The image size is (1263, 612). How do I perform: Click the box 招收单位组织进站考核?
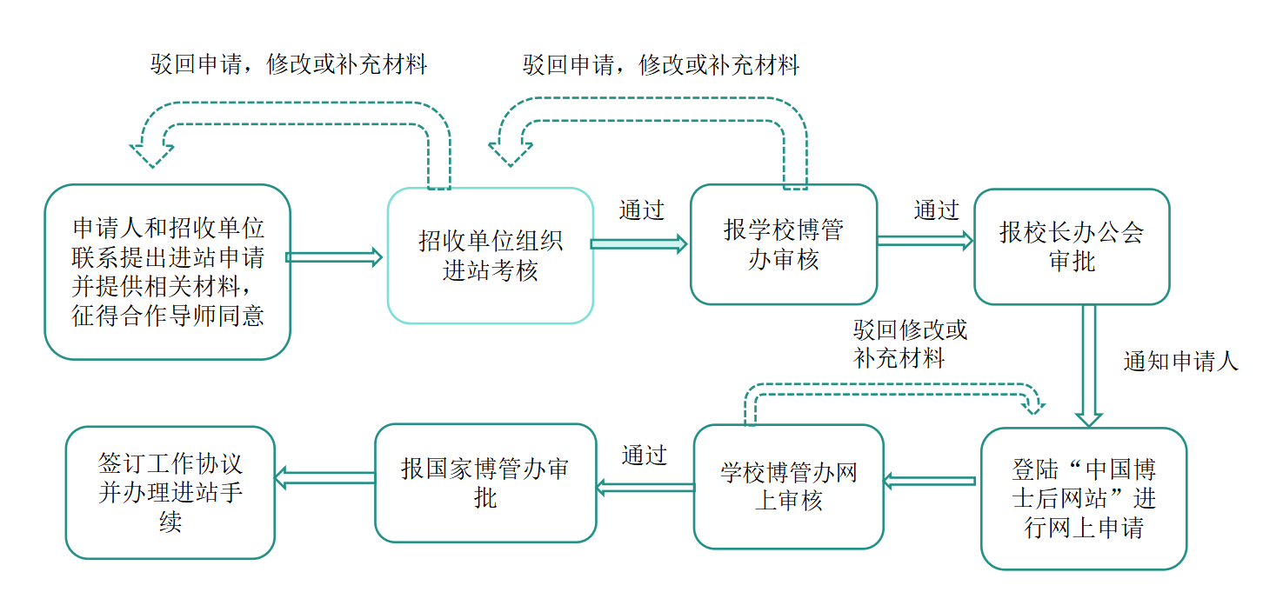pyautogui.click(x=490, y=256)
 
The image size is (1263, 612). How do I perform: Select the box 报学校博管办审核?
pyautogui.click(x=783, y=244)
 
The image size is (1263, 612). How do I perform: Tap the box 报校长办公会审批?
pyautogui.click(x=1071, y=247)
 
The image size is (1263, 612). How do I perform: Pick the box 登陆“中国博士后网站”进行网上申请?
pyautogui.click(x=1083, y=499)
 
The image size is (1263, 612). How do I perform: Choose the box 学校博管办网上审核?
pyautogui.click(x=788, y=487)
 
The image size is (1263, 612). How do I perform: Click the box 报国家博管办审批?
pyautogui.click(x=485, y=483)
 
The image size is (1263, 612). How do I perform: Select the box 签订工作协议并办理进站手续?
pyautogui.click(x=170, y=492)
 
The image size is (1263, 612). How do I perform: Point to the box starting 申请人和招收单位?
pyautogui.click(x=167, y=271)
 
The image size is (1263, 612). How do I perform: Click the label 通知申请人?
pyautogui.click(x=1180, y=362)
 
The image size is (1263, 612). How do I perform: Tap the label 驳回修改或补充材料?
pyautogui.click(x=910, y=344)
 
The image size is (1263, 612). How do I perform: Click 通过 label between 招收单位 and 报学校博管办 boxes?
pyautogui.click(x=641, y=210)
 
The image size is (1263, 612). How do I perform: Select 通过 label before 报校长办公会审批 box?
pyautogui.click(x=936, y=210)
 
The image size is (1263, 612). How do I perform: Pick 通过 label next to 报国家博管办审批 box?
pyautogui.click(x=644, y=456)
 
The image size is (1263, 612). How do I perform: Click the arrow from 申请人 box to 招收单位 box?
pyautogui.click(x=335, y=256)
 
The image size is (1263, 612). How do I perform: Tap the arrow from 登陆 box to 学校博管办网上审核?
pyautogui.click(x=929, y=480)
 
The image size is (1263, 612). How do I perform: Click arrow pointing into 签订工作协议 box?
pyautogui.click(x=324, y=476)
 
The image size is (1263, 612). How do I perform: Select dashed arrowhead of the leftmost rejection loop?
pyautogui.click(x=151, y=152)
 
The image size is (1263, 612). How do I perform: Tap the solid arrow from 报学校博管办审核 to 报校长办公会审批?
pyautogui.click(x=925, y=241)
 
